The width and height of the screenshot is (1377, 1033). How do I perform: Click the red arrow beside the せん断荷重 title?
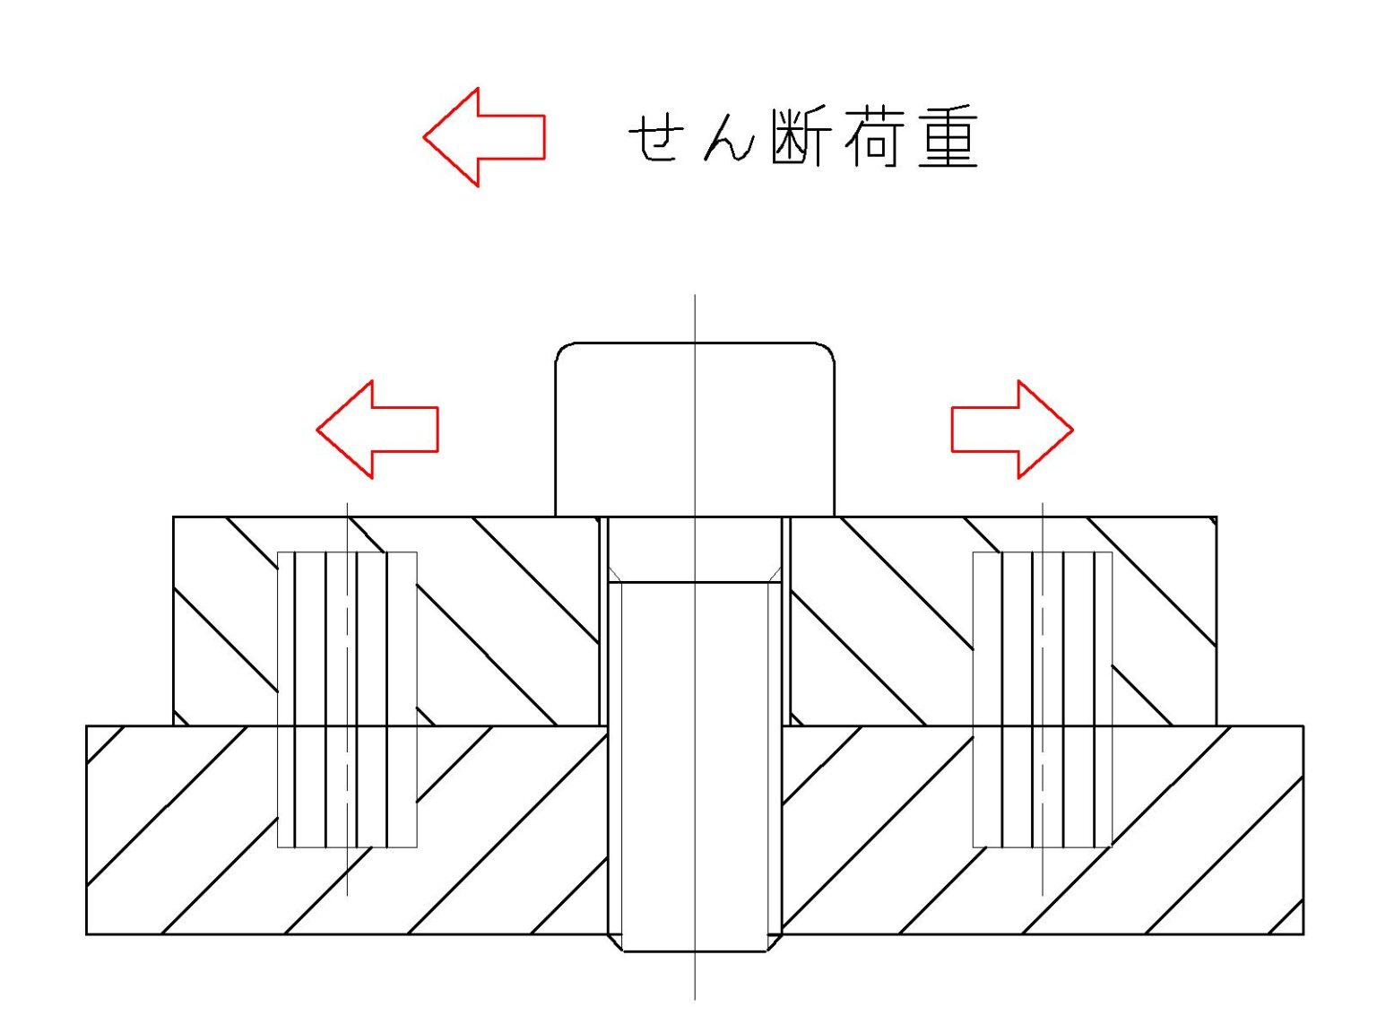484,137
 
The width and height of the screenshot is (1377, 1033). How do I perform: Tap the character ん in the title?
727,139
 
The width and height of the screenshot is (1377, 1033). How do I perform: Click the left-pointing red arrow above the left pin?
377,430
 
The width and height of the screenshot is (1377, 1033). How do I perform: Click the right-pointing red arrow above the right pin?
1012,430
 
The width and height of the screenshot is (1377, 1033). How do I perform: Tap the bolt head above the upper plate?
695,429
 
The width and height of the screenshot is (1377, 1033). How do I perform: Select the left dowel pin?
347,699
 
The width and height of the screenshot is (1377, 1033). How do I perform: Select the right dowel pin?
1043,699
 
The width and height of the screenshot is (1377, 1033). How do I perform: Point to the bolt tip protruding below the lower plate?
695,943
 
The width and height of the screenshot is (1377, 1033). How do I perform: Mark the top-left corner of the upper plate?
174,517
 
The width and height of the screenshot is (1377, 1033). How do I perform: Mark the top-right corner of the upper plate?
1216,517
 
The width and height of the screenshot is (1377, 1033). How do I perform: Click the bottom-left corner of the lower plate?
87,934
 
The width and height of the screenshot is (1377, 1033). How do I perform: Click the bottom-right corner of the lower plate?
1303,934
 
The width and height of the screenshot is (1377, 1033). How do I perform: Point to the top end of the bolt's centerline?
695,296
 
